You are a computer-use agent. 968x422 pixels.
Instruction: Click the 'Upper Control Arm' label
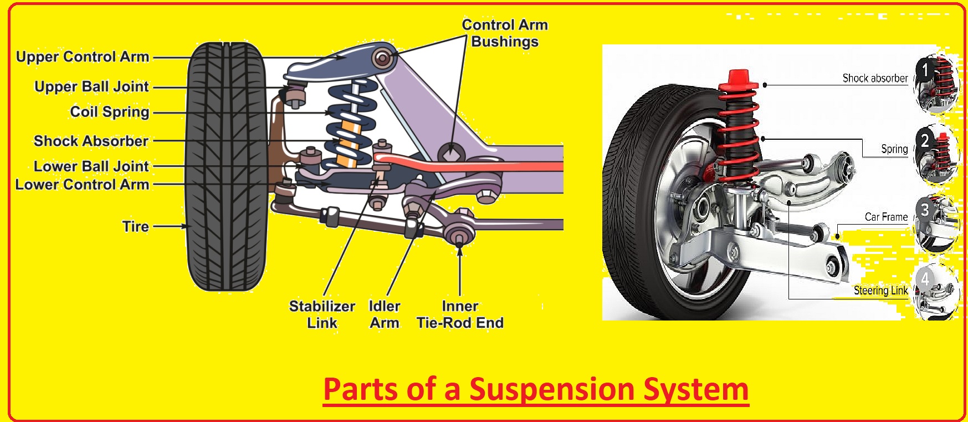83,57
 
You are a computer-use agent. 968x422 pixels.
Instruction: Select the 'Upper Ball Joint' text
91,87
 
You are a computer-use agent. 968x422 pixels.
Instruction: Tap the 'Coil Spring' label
110,112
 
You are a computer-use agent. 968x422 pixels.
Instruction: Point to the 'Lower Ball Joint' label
91,166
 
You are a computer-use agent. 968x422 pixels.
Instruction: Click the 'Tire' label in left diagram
136,226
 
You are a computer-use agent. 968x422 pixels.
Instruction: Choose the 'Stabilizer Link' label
322,314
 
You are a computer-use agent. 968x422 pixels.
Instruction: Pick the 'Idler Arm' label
385,314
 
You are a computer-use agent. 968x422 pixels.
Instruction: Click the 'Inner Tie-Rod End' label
460,314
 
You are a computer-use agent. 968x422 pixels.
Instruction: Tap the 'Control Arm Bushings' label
505,33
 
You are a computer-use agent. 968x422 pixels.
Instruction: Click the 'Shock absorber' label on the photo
875,78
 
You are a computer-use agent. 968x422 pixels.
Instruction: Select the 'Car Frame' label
886,217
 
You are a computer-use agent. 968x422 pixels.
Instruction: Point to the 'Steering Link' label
880,291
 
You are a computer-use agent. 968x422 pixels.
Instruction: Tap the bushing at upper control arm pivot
381,58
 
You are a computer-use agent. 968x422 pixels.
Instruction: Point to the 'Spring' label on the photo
894,149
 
